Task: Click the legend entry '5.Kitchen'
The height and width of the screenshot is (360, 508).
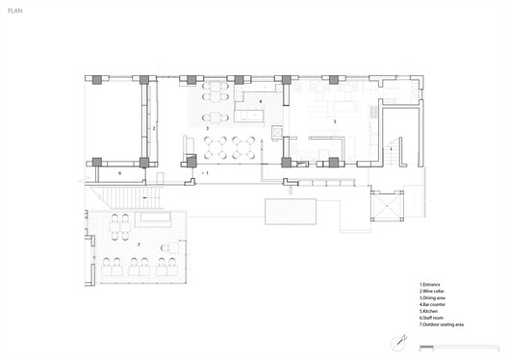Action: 431,313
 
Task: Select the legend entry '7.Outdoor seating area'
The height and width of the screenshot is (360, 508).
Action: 443,326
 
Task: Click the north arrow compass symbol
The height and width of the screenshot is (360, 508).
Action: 397,342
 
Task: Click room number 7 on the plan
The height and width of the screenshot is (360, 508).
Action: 139,244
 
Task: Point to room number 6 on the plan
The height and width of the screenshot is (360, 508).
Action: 119,172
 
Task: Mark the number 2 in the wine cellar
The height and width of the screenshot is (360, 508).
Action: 154,127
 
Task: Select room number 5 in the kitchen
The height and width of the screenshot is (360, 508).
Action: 334,122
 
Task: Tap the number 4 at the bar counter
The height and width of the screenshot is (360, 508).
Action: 260,101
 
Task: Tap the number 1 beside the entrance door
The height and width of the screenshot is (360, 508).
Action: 208,171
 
